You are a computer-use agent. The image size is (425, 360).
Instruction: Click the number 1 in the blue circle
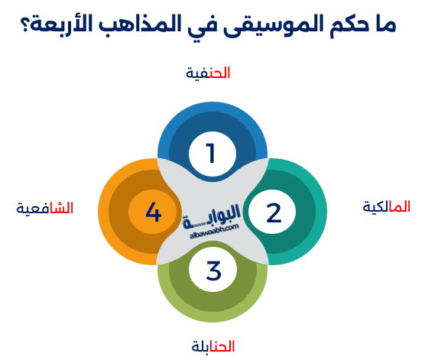[211, 154]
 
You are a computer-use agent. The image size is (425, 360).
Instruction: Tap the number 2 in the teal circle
[274, 212]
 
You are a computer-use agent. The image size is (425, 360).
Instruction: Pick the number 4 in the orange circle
[153, 212]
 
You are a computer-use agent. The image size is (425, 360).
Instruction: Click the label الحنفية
[208, 73]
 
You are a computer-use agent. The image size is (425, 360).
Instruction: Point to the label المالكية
[386, 206]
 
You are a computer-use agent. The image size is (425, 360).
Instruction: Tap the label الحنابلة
[213, 347]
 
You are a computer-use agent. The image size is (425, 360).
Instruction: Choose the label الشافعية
[45, 208]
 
